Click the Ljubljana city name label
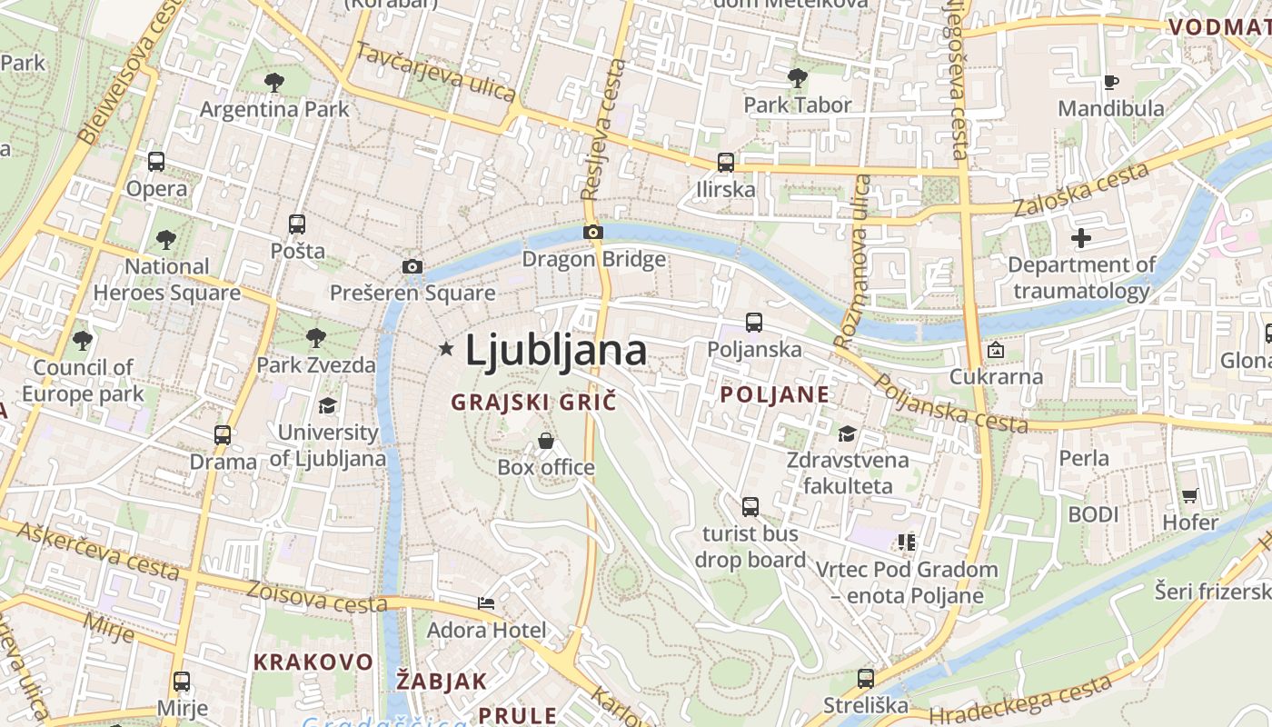click(556, 351)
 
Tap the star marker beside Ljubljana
click(446, 348)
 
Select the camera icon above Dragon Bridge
click(593, 233)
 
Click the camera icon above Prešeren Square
click(412, 266)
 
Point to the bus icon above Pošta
click(297, 224)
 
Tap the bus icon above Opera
click(156, 162)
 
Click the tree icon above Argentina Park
click(274, 83)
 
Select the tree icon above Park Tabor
click(798, 78)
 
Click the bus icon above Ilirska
click(725, 163)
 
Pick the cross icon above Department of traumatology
click(1081, 238)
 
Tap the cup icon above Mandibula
click(1110, 83)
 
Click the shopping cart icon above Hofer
click(1190, 495)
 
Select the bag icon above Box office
click(546, 441)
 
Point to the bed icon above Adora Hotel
click(487, 603)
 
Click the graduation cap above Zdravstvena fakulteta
click(848, 433)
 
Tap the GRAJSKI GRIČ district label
click(533, 402)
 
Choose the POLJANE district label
click(774, 394)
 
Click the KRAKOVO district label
click(313, 662)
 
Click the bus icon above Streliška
click(865, 678)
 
